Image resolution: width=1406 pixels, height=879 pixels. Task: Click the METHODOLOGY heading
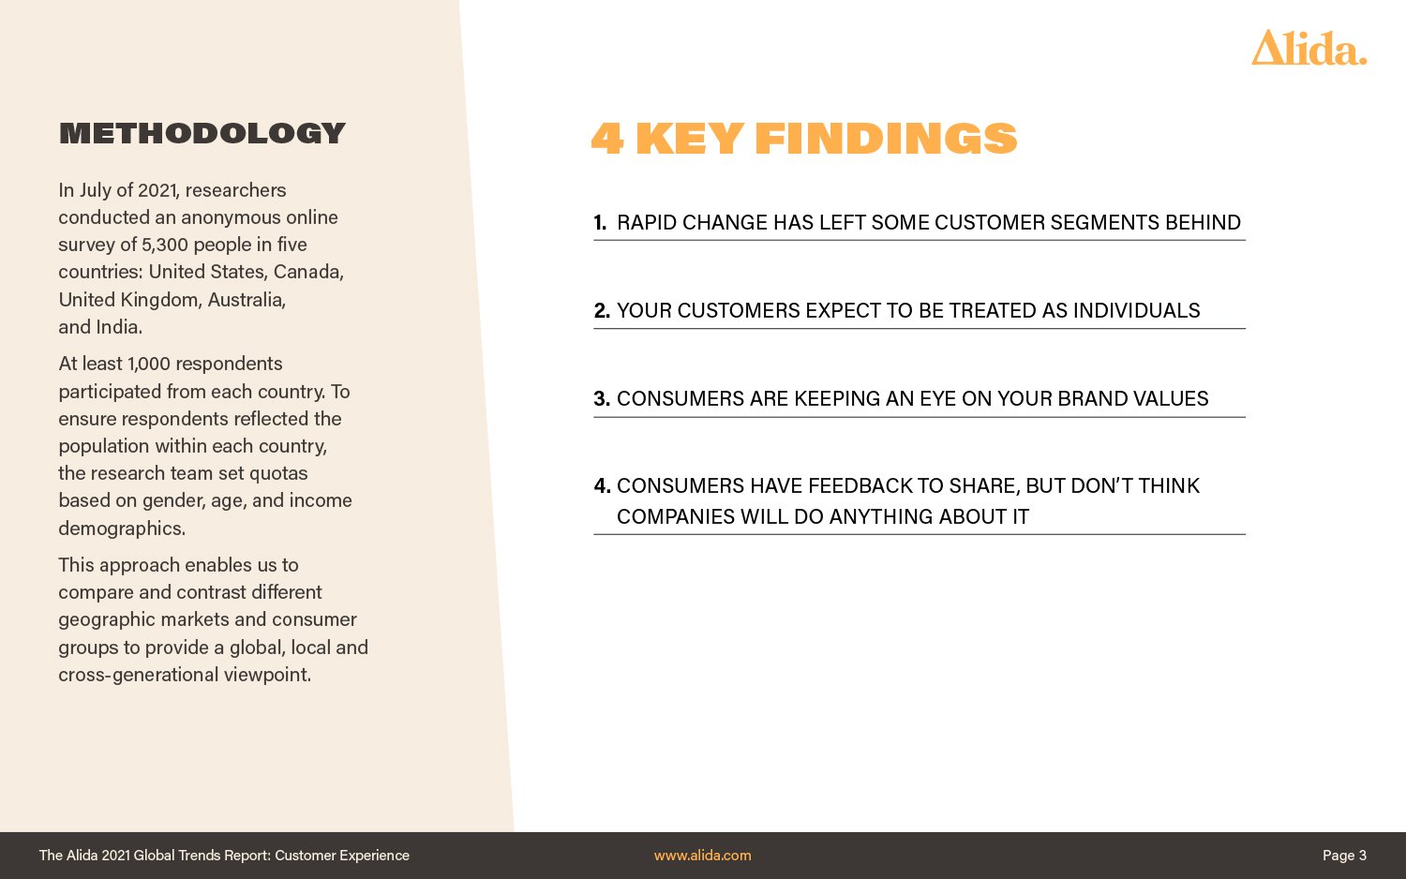tap(202, 133)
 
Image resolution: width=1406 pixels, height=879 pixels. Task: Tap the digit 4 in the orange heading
tap(607, 138)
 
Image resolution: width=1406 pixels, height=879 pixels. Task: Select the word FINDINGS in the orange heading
tap(886, 138)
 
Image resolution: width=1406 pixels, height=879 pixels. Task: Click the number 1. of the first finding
tap(600, 223)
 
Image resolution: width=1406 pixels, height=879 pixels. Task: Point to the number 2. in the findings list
tap(602, 310)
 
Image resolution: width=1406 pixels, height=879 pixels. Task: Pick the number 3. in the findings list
tap(602, 398)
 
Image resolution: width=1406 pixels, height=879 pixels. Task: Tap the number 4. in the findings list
tap(602, 485)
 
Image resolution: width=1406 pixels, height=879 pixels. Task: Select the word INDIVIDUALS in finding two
tap(1136, 310)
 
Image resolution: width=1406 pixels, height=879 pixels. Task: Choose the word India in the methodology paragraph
tap(119, 327)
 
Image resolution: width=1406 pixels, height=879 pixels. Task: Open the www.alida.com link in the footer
tap(702, 856)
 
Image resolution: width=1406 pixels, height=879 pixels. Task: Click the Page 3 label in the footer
tap(1344, 856)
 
